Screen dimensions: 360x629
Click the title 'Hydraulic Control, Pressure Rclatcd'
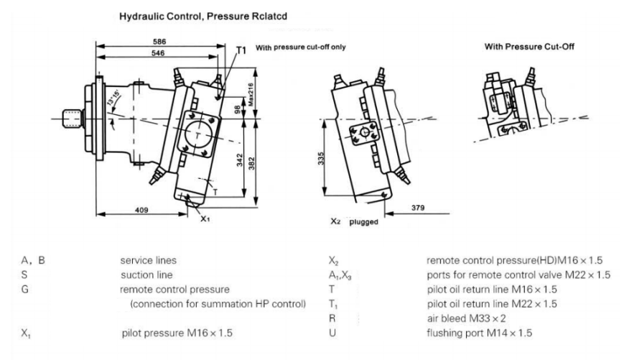196,14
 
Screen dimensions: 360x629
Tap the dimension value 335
322,157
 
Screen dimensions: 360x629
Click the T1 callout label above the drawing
241,49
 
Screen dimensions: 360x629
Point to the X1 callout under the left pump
205,217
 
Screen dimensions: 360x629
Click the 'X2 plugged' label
353,222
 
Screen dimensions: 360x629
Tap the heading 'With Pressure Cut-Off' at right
529,47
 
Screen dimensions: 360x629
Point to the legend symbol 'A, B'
34,260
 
